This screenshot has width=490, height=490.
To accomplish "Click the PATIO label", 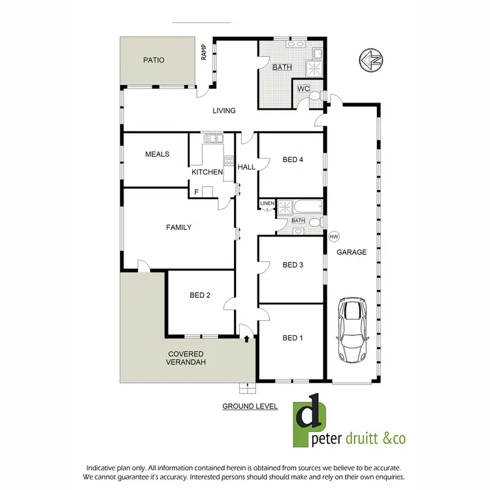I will click(154, 60).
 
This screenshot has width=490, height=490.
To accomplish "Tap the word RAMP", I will click(204, 52).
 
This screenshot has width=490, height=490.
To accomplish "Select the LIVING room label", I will click(223, 110).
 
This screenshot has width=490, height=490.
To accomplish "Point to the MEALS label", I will click(157, 154).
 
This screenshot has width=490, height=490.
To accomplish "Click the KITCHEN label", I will click(207, 172).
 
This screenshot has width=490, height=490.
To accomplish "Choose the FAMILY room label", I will click(178, 227).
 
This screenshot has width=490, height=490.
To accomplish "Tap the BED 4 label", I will click(293, 159).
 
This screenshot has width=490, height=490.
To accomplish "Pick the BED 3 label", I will click(293, 265).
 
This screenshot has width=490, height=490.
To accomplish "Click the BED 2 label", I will click(200, 295).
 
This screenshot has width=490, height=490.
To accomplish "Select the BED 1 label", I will click(293, 338).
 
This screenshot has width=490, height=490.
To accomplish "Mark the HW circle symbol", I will click(333, 236).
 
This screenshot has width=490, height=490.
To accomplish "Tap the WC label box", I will click(304, 88).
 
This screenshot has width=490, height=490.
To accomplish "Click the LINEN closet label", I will click(267, 204).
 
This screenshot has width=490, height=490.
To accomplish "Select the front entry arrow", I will click(247, 338).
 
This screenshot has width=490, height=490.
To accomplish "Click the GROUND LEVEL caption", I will click(250, 406).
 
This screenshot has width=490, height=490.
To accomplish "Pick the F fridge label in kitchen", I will click(196, 192).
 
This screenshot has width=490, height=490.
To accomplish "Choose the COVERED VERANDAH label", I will click(185, 358).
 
